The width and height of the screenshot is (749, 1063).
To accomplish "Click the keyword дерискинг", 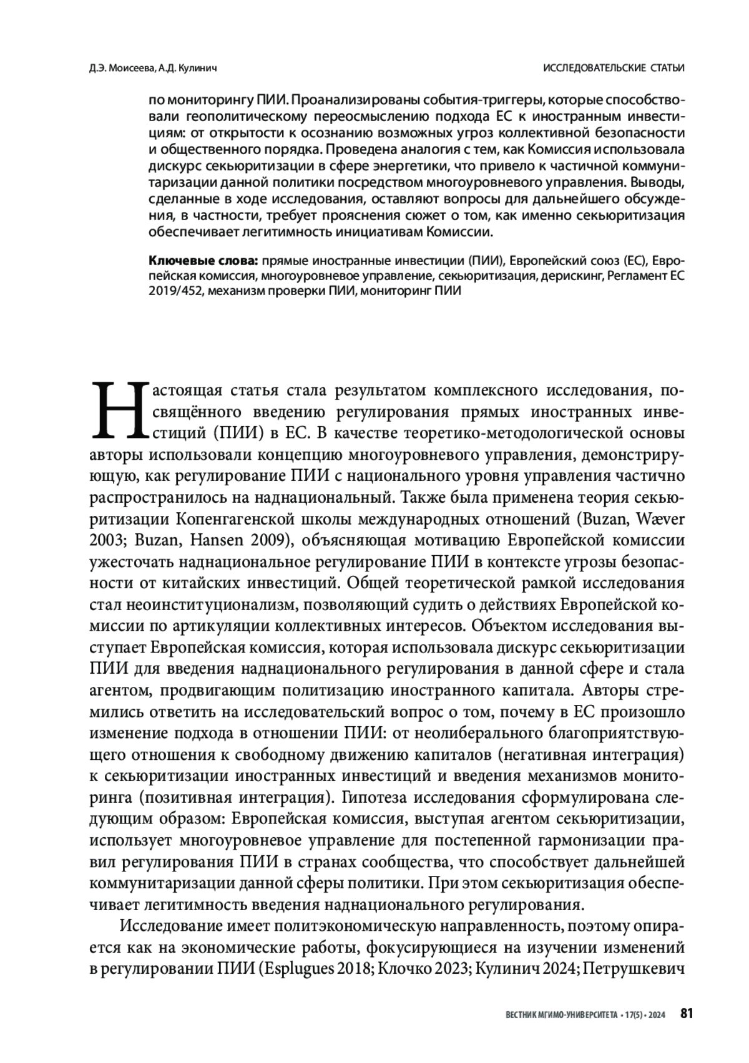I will tap(567, 275).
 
